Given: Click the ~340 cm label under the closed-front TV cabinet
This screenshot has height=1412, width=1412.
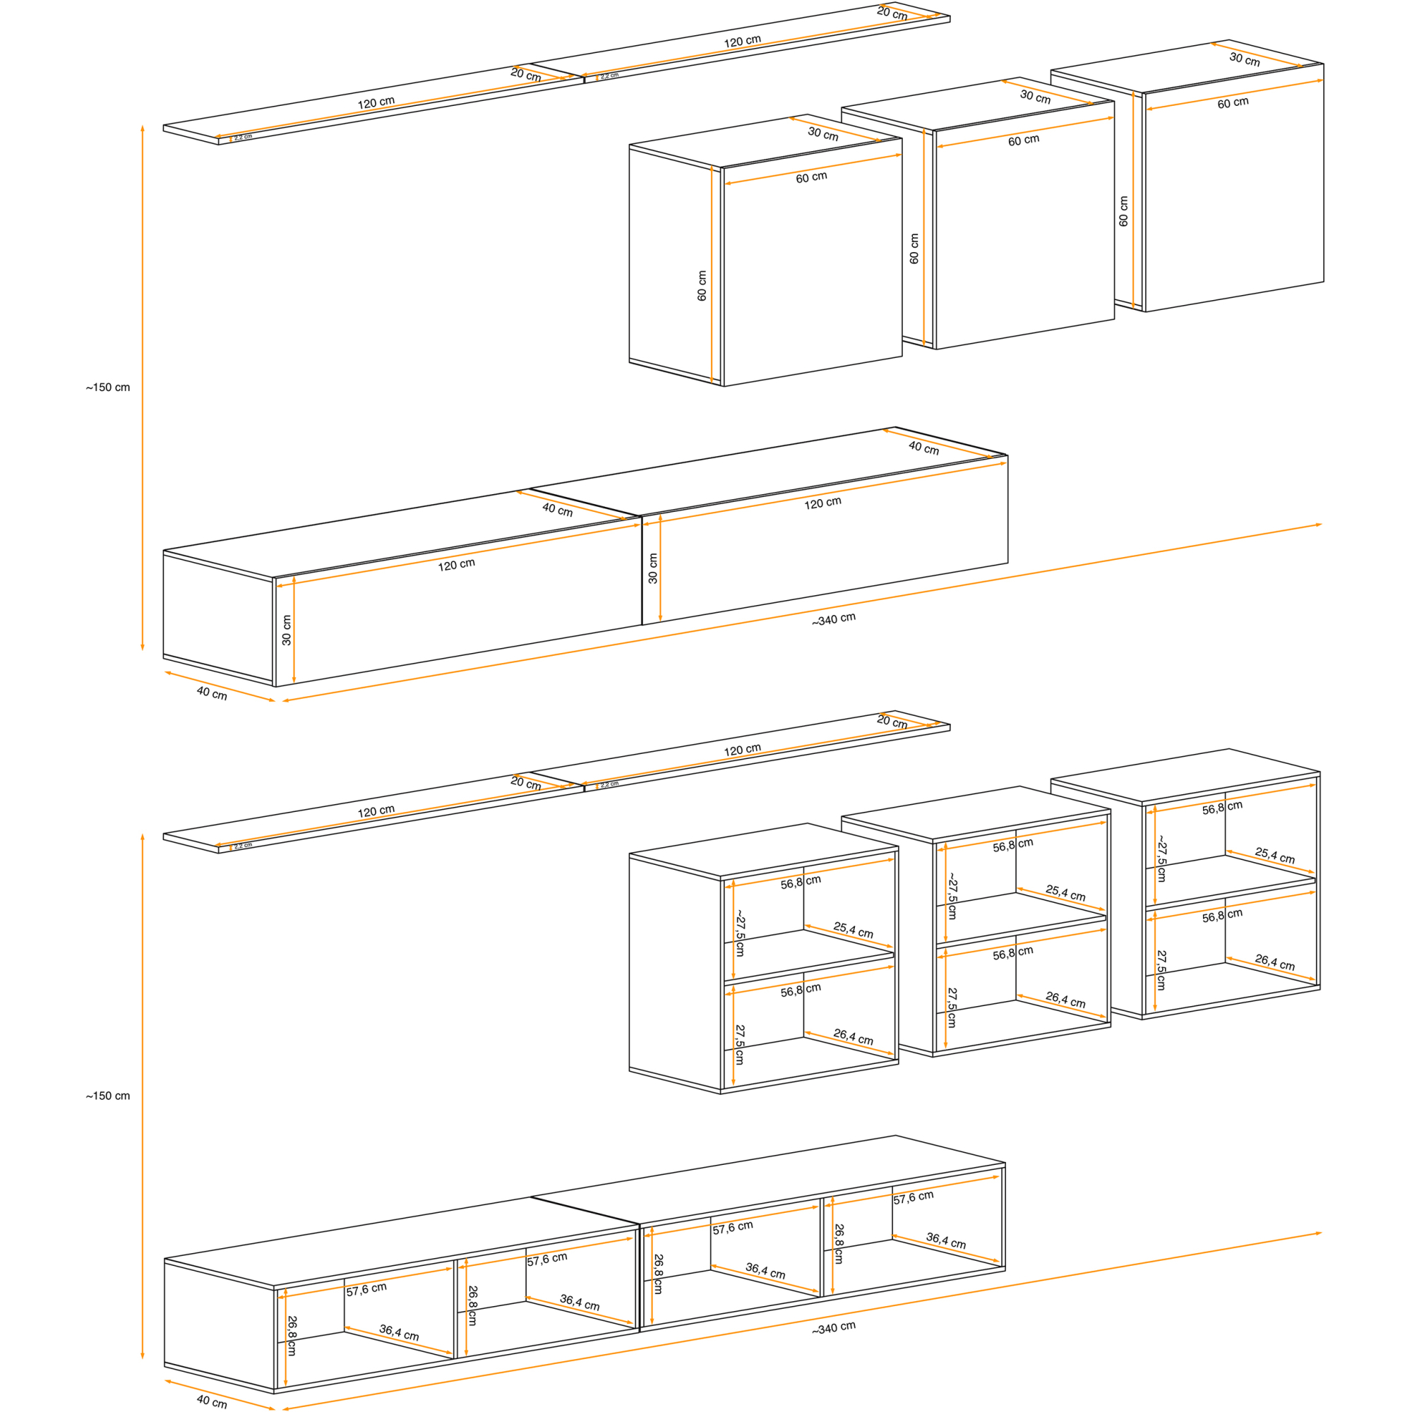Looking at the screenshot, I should [833, 619].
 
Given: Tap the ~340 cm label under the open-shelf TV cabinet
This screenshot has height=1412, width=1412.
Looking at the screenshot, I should [833, 1328].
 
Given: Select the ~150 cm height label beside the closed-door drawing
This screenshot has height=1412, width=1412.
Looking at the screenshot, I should [107, 388].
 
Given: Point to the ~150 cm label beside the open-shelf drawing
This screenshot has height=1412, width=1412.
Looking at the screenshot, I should [107, 1096].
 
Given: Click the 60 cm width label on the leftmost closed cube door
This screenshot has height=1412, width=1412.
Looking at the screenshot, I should [811, 177].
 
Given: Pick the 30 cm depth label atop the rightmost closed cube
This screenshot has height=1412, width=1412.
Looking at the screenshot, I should [1244, 59].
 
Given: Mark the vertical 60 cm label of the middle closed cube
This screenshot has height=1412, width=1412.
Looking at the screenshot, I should [914, 249].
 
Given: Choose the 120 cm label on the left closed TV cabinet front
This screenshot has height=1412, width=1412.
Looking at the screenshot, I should [456, 564].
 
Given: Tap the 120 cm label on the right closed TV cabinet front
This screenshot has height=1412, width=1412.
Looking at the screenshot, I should [822, 503].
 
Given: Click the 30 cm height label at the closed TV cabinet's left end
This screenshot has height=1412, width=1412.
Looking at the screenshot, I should [287, 630].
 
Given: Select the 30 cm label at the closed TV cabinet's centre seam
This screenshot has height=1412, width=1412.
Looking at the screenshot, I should [652, 568].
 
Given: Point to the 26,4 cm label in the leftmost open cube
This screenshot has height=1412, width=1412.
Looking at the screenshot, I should [853, 1036].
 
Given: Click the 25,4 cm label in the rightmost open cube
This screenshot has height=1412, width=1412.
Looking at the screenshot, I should [1274, 855].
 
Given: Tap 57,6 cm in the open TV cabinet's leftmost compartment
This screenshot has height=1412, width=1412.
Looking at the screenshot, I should [366, 1289].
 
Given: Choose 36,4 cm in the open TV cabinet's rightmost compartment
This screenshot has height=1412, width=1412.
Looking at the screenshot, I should [946, 1240].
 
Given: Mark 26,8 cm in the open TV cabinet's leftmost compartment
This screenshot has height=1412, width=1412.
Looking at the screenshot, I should [292, 1335].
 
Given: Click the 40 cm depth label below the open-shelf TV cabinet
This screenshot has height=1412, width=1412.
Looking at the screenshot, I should [211, 1401].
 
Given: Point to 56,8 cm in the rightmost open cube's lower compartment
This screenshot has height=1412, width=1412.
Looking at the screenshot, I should [1222, 915].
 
